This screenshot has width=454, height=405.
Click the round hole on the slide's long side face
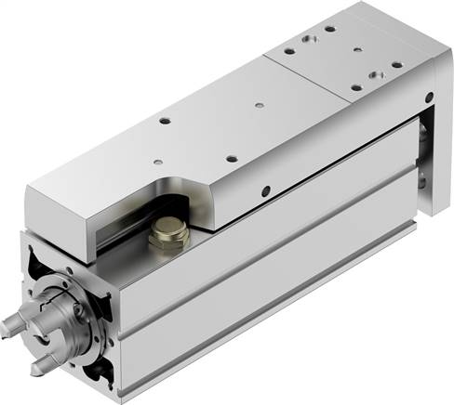coord(266,192)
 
